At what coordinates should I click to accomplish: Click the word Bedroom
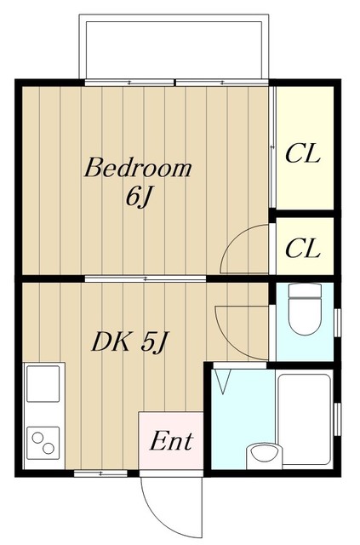click(138, 169)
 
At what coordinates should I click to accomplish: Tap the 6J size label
click(139, 198)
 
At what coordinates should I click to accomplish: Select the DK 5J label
click(130, 342)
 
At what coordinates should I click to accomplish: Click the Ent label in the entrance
click(171, 441)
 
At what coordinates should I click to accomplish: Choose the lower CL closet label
click(302, 248)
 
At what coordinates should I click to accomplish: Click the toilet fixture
click(305, 309)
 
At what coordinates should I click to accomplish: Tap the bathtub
click(305, 419)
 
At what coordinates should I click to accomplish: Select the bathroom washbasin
click(264, 456)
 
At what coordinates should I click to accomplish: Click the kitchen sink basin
click(43, 384)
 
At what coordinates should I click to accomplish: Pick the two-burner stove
click(43, 443)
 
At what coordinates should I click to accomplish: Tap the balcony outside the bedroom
click(174, 47)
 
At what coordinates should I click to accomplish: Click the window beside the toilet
click(337, 322)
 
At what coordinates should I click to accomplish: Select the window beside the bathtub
click(337, 419)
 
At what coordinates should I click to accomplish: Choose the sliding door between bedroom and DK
click(146, 278)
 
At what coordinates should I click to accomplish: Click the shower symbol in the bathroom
click(223, 381)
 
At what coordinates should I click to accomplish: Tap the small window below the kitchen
click(100, 473)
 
